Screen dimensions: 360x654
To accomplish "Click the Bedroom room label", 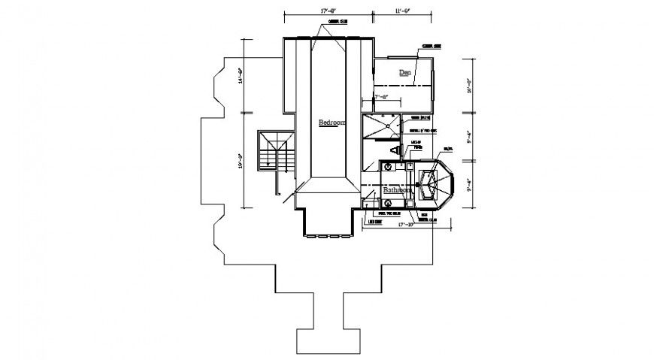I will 332,123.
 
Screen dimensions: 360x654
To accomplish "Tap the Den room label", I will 405,73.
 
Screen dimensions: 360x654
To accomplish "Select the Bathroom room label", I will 397,191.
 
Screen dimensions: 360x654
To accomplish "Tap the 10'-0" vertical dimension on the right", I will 468,86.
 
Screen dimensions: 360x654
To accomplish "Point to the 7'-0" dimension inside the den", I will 381,96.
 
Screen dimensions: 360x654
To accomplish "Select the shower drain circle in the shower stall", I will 389,126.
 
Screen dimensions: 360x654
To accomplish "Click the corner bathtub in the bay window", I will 429,185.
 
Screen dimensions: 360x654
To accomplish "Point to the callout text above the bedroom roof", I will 338,23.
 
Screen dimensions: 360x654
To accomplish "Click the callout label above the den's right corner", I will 431,46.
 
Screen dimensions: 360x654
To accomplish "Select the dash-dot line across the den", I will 404,86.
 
